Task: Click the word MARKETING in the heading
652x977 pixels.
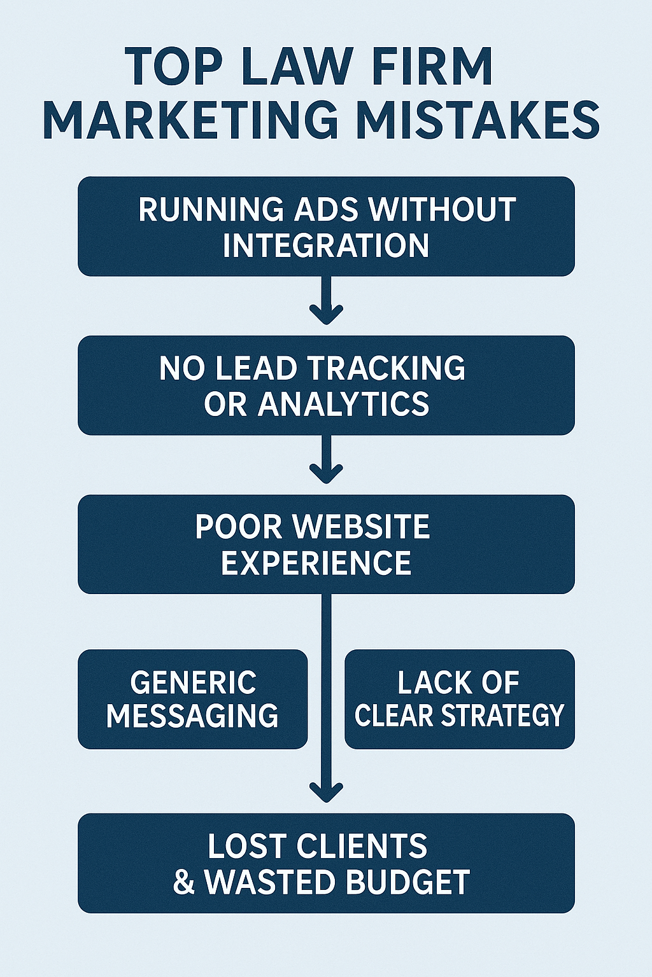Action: click(x=190, y=120)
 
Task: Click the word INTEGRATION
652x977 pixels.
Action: click(x=326, y=246)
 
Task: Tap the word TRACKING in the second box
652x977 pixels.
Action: click(x=387, y=368)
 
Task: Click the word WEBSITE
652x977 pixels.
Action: click(x=363, y=527)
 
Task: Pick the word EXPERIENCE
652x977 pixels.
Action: click(x=316, y=563)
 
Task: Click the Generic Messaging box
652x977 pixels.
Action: click(x=192, y=698)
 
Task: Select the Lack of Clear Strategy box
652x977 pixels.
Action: click(x=459, y=698)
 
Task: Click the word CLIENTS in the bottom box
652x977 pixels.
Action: click(x=362, y=846)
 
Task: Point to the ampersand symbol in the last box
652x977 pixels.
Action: click(x=184, y=883)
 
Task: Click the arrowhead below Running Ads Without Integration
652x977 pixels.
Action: click(x=326, y=314)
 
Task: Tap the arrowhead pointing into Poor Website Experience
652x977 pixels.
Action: click(x=326, y=473)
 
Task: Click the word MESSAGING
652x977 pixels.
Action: click(x=192, y=716)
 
